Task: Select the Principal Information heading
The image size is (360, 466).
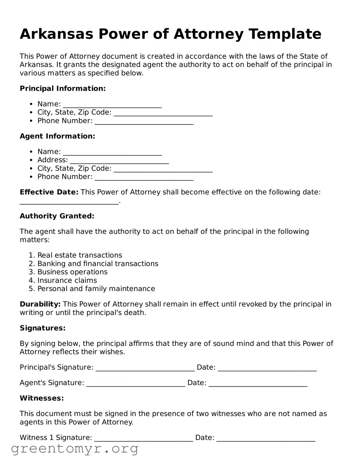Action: click(x=63, y=89)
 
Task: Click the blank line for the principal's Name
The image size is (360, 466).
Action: click(x=112, y=105)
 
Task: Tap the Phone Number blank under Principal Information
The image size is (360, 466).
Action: click(x=144, y=122)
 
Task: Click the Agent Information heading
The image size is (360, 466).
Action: click(x=57, y=136)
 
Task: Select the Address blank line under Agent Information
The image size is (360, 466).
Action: click(x=119, y=161)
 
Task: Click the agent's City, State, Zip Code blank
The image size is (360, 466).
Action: click(x=163, y=169)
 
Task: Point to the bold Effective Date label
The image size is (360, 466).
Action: click(x=49, y=192)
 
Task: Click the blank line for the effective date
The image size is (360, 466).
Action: click(x=69, y=202)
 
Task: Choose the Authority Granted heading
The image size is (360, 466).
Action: click(x=57, y=216)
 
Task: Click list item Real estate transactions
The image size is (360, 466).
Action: click(x=80, y=255)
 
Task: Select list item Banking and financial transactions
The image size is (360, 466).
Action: click(x=98, y=264)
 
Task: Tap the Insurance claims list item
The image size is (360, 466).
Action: click(x=67, y=281)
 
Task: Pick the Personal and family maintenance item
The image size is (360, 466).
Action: click(x=96, y=289)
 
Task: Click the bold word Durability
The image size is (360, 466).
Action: click(x=40, y=305)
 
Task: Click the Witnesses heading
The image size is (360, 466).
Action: click(x=42, y=399)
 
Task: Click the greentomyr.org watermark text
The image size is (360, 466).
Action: click(x=75, y=449)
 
